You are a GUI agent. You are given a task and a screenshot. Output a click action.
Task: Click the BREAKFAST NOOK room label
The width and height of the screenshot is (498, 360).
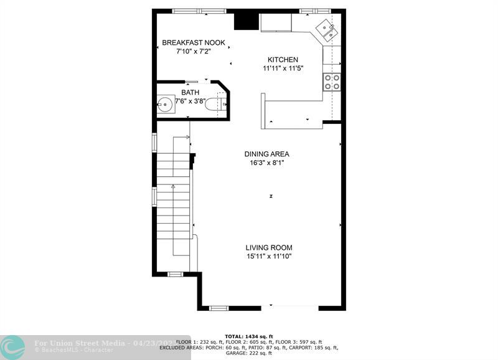[x=193, y=42]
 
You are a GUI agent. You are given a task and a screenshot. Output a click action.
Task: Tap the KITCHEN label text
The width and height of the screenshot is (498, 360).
[x=283, y=60]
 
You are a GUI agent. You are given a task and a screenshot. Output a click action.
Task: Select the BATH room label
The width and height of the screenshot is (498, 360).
[x=190, y=93]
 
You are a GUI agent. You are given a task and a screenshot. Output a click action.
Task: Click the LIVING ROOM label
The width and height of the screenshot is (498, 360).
[x=268, y=247]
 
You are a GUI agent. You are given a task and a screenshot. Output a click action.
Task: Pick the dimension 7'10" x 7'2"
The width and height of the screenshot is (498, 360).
[x=193, y=51]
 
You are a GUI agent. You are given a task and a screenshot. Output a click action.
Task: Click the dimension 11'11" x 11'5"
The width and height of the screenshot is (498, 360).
[x=283, y=69]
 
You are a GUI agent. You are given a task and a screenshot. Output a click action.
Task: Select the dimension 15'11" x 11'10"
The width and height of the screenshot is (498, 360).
[x=268, y=256]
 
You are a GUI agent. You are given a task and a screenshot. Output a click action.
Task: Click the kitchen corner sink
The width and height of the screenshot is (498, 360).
[x=327, y=29]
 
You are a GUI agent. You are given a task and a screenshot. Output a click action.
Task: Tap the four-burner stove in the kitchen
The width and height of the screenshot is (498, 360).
[x=332, y=82]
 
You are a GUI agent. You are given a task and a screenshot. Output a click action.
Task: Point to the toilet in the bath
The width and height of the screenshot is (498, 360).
[x=214, y=104]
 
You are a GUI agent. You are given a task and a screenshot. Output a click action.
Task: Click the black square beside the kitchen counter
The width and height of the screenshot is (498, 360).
[x=245, y=20]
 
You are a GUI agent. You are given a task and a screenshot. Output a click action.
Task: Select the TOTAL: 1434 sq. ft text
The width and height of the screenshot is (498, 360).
[x=248, y=336]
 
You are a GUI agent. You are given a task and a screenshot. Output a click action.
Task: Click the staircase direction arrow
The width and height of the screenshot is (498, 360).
[x=173, y=186]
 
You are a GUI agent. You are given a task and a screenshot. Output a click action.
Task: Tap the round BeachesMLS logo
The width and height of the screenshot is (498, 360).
[x=12, y=347]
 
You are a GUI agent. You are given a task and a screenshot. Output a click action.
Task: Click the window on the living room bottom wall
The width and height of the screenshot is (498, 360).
[x=218, y=308]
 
